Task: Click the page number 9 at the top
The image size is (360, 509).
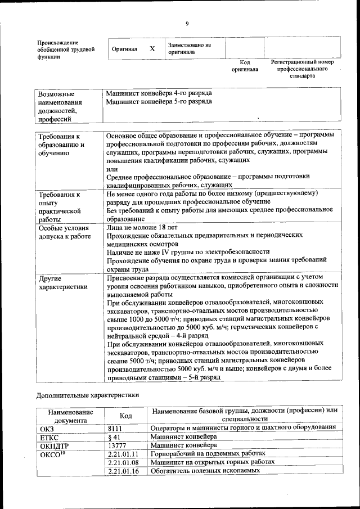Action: (x=187, y=23)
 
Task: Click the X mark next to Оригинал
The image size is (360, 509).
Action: (x=152, y=49)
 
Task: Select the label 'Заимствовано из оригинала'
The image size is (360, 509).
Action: (x=188, y=48)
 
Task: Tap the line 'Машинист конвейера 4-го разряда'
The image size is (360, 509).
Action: (x=159, y=93)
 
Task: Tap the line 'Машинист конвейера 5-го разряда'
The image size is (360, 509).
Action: (x=159, y=101)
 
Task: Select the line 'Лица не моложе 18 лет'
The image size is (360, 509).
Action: (x=142, y=228)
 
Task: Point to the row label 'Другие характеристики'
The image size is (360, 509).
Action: (x=62, y=282)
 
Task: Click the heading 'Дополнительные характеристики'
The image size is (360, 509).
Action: (x=88, y=395)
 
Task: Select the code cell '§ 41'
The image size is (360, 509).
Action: (x=114, y=436)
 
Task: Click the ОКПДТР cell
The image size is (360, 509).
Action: (x=54, y=445)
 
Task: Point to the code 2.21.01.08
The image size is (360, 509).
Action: (x=123, y=462)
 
